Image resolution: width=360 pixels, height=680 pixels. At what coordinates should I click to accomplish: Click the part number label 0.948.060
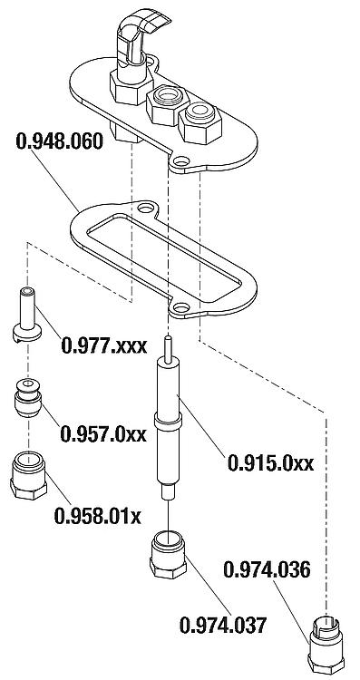click(60, 141)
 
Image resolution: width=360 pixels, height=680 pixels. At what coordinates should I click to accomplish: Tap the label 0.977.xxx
click(103, 346)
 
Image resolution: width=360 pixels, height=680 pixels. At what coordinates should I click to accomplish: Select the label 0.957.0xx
click(103, 433)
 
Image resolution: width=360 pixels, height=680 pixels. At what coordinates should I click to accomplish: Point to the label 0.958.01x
click(98, 516)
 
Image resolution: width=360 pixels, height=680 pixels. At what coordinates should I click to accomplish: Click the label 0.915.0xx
click(270, 463)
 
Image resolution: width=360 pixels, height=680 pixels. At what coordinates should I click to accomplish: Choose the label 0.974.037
click(222, 625)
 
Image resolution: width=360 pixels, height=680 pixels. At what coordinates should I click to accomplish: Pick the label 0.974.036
click(267, 569)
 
